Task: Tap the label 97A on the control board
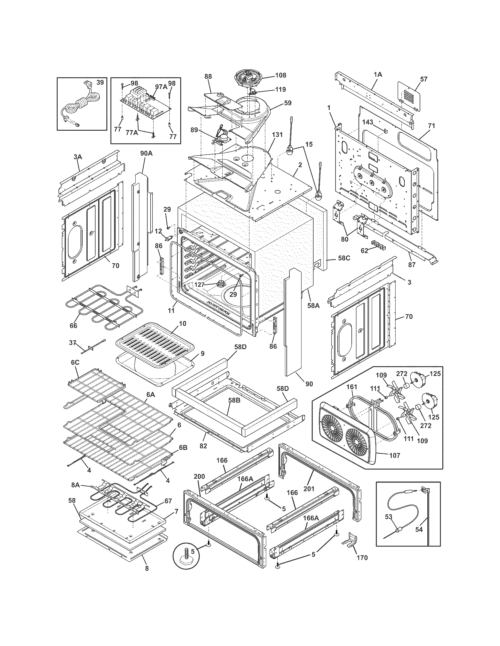pos(161,86)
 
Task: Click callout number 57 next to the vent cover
pos(424,79)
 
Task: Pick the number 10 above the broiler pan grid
pos(183,323)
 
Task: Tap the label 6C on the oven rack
pos(75,363)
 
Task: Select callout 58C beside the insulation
pos(344,258)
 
